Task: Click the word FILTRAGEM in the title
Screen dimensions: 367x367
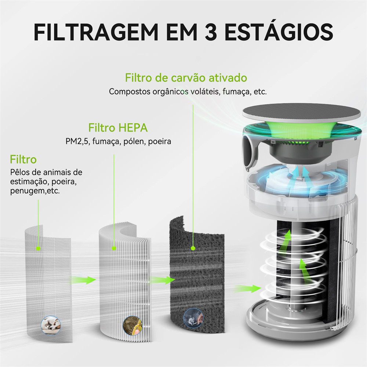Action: (96, 32)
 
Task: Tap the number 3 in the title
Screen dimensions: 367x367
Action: (211, 32)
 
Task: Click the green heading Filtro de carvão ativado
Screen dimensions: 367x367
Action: (186, 78)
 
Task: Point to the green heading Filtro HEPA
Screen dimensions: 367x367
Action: (118, 128)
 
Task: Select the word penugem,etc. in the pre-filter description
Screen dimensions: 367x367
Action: (35, 191)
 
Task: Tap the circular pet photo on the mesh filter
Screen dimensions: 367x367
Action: (51, 325)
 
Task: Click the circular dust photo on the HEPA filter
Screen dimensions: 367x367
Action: (132, 325)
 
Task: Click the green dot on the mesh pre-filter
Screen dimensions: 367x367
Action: (38, 248)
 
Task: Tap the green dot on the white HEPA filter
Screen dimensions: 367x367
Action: (114, 248)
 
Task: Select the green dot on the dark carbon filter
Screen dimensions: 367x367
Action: (193, 248)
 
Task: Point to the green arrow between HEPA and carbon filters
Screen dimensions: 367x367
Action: (163, 280)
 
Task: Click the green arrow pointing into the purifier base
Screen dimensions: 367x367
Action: (248, 288)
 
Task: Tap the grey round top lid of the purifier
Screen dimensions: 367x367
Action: (301, 113)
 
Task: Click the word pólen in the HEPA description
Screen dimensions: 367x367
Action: (134, 141)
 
